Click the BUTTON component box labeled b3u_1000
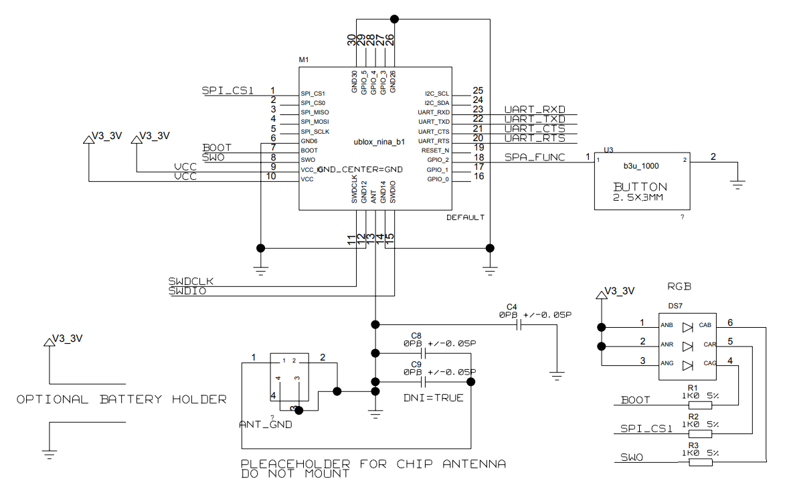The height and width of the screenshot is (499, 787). pyautogui.click(x=642, y=180)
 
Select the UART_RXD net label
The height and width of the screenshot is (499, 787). pyautogui.click(x=534, y=110)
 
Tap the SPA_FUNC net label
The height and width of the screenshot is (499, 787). pyautogui.click(x=534, y=157)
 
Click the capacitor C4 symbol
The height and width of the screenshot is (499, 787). pyautogui.click(x=519, y=325)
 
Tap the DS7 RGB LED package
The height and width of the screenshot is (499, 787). pyautogui.click(x=688, y=346)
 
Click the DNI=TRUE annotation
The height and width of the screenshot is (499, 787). pyautogui.click(x=433, y=398)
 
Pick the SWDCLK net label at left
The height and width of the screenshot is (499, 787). pyautogui.click(x=191, y=281)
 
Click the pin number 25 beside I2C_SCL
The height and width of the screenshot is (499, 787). pyautogui.click(x=478, y=91)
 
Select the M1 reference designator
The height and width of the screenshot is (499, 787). pyautogui.click(x=304, y=60)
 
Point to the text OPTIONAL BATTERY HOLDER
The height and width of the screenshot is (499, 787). pyautogui.click(x=121, y=399)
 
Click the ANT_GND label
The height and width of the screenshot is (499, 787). pyautogui.click(x=265, y=425)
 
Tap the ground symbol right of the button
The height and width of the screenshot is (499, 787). pyautogui.click(x=737, y=184)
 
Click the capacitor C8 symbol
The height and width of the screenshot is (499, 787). pyautogui.click(x=423, y=353)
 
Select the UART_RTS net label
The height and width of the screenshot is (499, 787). pyautogui.click(x=534, y=138)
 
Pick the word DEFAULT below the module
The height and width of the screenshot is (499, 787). pyautogui.click(x=465, y=218)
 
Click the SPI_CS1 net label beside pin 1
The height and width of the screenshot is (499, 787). pyautogui.click(x=228, y=91)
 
